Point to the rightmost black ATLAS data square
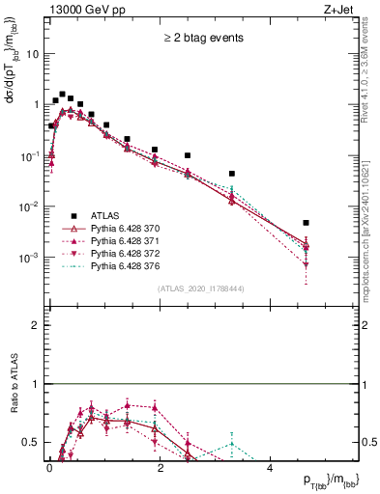click(x=306, y=223)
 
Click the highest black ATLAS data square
click(x=62, y=95)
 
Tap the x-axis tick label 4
click(x=270, y=466)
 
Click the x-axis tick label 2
click(x=160, y=466)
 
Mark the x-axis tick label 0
click(x=50, y=466)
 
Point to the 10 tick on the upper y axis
click(x=35, y=54)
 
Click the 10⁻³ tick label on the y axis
click(x=32, y=259)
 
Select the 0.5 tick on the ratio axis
click(x=32, y=442)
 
